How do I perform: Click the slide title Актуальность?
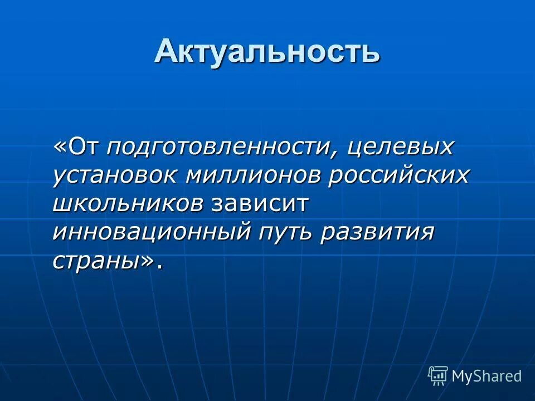(267, 52)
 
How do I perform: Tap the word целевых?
(400, 148)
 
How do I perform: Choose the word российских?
(399, 175)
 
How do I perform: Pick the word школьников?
(128, 203)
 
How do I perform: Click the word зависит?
(259, 204)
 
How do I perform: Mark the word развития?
(377, 232)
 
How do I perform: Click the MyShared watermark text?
(487, 376)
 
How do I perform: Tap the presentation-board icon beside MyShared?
(438, 376)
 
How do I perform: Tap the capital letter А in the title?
(166, 52)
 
